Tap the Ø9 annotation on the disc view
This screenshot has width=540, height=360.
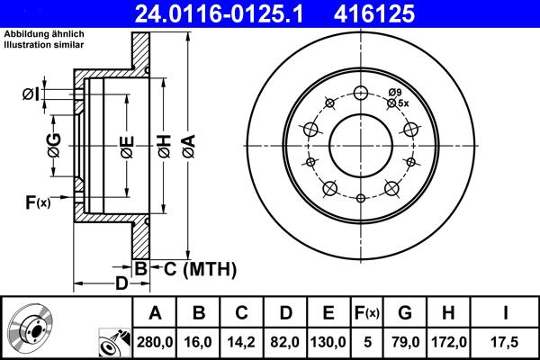coord(394,92)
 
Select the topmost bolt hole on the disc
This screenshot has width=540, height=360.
coord(361,93)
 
